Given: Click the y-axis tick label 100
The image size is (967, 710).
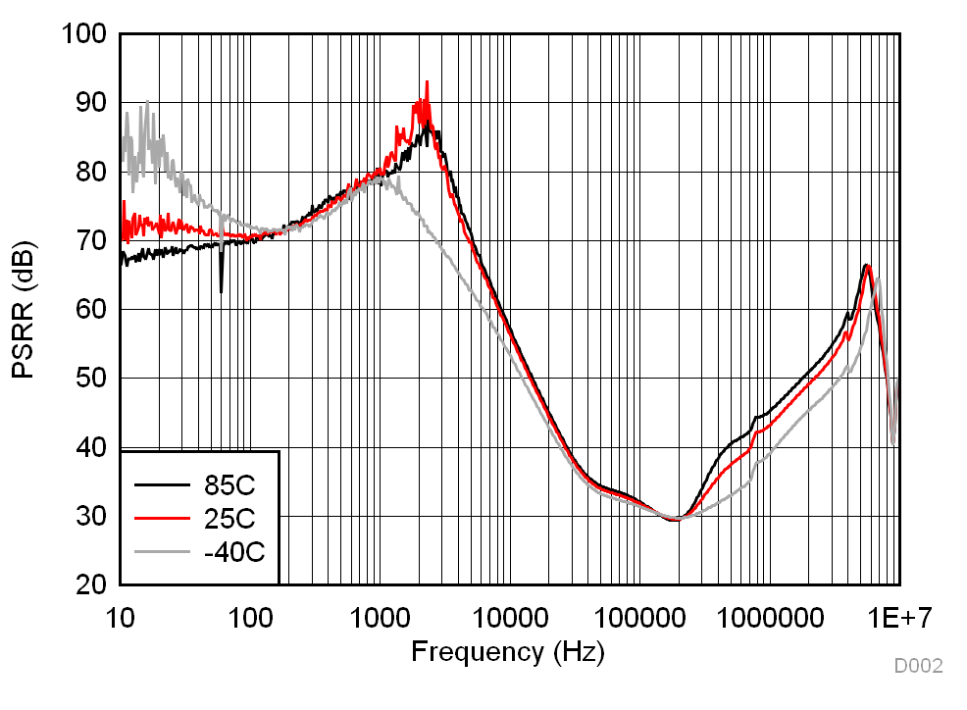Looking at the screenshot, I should [84, 34].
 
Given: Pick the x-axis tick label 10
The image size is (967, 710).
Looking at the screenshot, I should [120, 618].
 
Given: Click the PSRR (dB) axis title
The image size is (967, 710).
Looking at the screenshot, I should [26, 310].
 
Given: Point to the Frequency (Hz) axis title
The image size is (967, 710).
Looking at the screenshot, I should [507, 650].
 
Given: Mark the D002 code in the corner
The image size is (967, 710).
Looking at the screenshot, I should [918, 667].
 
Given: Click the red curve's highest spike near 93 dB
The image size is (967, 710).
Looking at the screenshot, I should [427, 82].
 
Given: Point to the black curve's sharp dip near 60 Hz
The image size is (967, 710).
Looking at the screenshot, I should [222, 290].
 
